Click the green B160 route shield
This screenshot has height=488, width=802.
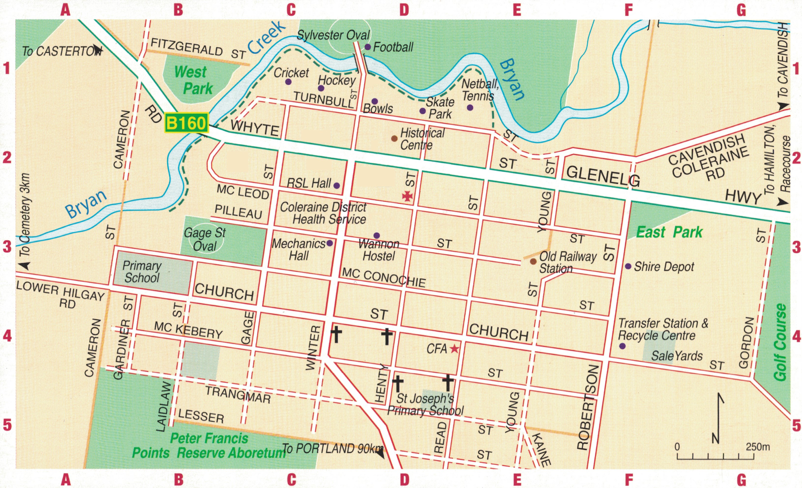(x=186, y=123)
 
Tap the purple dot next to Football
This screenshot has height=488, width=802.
(x=368, y=47)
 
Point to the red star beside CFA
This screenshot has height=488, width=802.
(x=454, y=349)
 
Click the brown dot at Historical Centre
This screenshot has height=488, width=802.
(x=394, y=138)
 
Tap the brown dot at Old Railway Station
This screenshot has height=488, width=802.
(x=533, y=261)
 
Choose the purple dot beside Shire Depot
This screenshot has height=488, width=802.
(x=628, y=266)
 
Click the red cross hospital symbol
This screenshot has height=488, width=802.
(x=407, y=196)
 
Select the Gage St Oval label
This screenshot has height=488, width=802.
(x=205, y=239)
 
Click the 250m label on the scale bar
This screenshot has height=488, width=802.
(x=758, y=447)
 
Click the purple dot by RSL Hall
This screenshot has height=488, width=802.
(x=337, y=186)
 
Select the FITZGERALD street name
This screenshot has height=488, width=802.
(x=187, y=47)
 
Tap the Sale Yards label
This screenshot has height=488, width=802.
(x=677, y=356)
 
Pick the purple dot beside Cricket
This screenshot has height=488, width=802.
(x=288, y=82)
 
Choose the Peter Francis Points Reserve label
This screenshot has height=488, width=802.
(x=209, y=446)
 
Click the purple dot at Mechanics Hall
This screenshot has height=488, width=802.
(x=329, y=243)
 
